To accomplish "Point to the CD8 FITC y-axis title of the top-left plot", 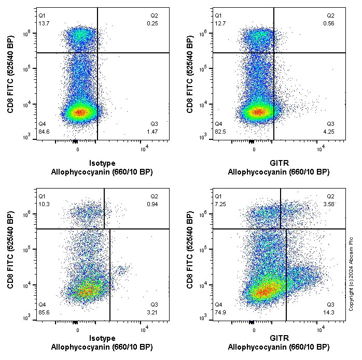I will click(10, 75).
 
